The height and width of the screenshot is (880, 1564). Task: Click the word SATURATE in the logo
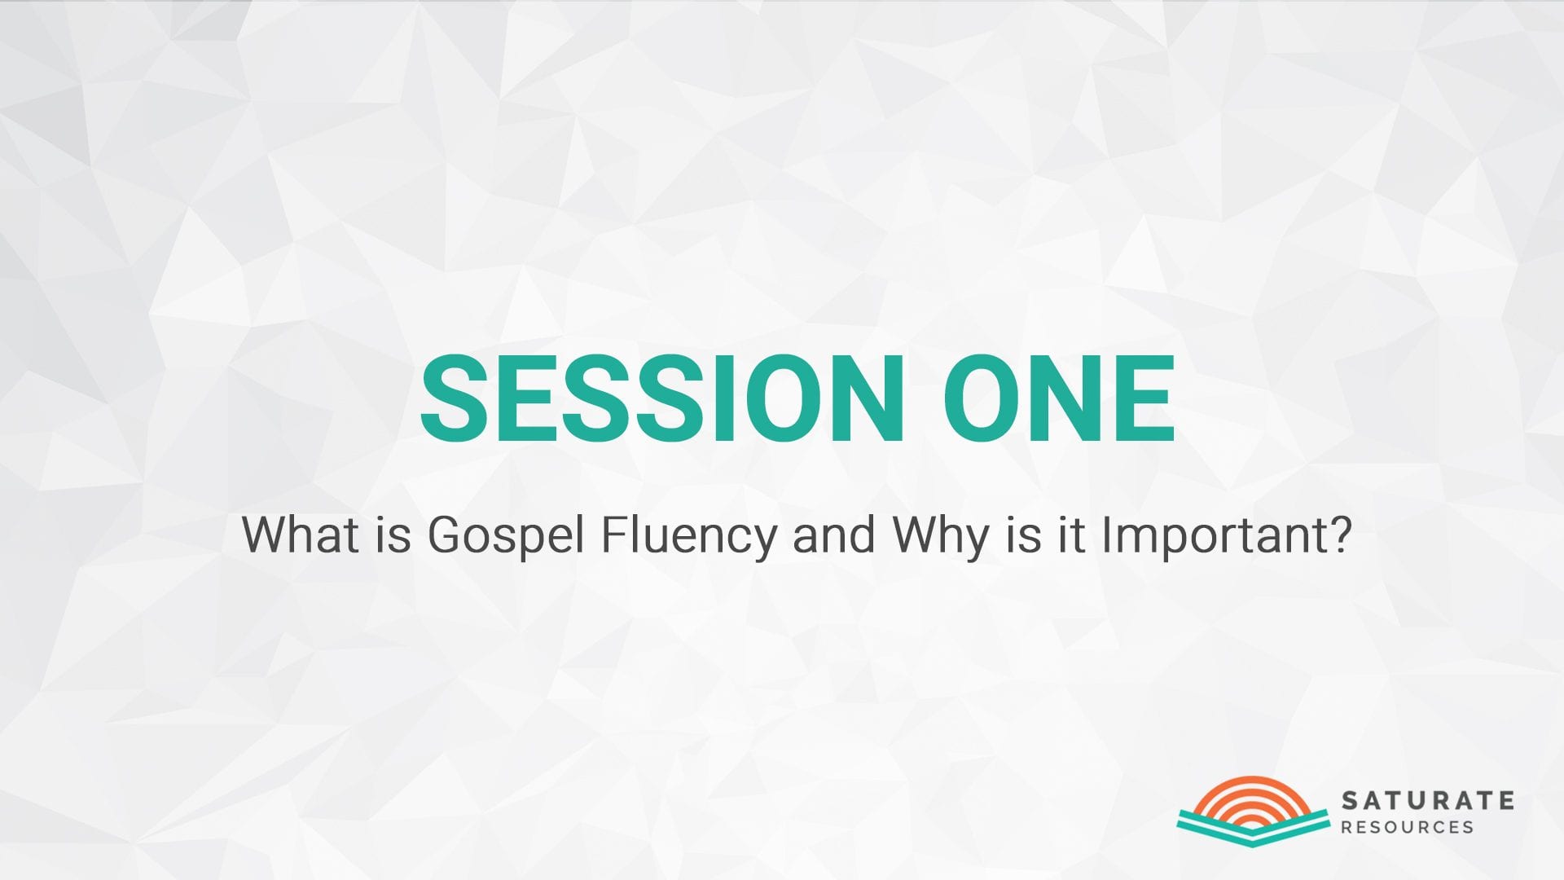point(1428,800)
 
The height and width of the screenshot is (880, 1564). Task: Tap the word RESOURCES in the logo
point(1408,827)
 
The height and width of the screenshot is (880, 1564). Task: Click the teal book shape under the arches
point(1253,826)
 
